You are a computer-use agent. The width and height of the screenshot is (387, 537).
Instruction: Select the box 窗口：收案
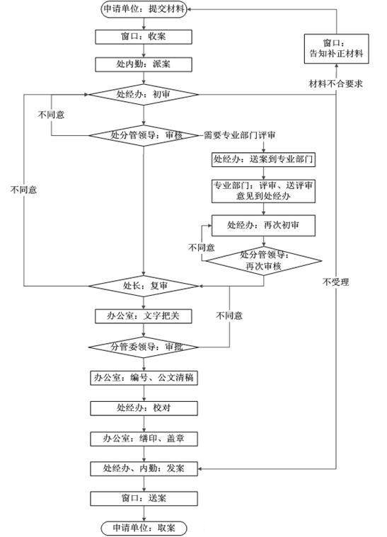144,35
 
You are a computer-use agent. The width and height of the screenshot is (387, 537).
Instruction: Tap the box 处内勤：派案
144,64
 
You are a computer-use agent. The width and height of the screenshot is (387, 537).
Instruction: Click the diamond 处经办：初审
144,94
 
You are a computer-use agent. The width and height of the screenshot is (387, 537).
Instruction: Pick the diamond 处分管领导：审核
144,134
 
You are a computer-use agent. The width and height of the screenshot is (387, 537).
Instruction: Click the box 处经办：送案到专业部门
263,159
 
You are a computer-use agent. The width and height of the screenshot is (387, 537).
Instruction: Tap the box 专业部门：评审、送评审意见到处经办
263,190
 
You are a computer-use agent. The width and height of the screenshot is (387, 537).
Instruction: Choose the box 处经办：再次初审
263,226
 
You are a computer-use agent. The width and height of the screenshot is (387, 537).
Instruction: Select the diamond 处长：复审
144,286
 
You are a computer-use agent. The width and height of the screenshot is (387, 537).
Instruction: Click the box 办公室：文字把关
144,316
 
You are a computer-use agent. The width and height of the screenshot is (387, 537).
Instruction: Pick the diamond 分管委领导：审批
144,347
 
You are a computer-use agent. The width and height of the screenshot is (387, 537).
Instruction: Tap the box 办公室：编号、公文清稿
144,378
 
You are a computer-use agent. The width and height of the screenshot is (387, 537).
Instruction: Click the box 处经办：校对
144,408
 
